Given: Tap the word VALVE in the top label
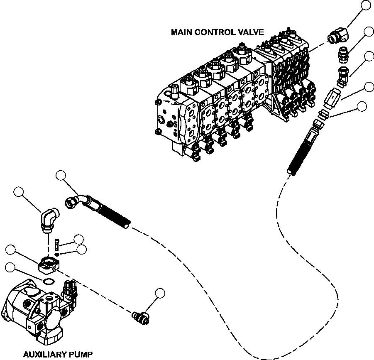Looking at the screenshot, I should click(250, 32).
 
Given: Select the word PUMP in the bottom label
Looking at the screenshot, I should click(81, 354).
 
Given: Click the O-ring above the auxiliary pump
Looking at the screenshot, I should click(49, 282).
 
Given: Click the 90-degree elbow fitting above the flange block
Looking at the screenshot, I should click(49, 218).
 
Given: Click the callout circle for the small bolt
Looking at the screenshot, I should click(78, 239).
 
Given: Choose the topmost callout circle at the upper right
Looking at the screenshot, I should click(366, 5).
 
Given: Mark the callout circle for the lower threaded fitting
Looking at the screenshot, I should click(160, 294).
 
